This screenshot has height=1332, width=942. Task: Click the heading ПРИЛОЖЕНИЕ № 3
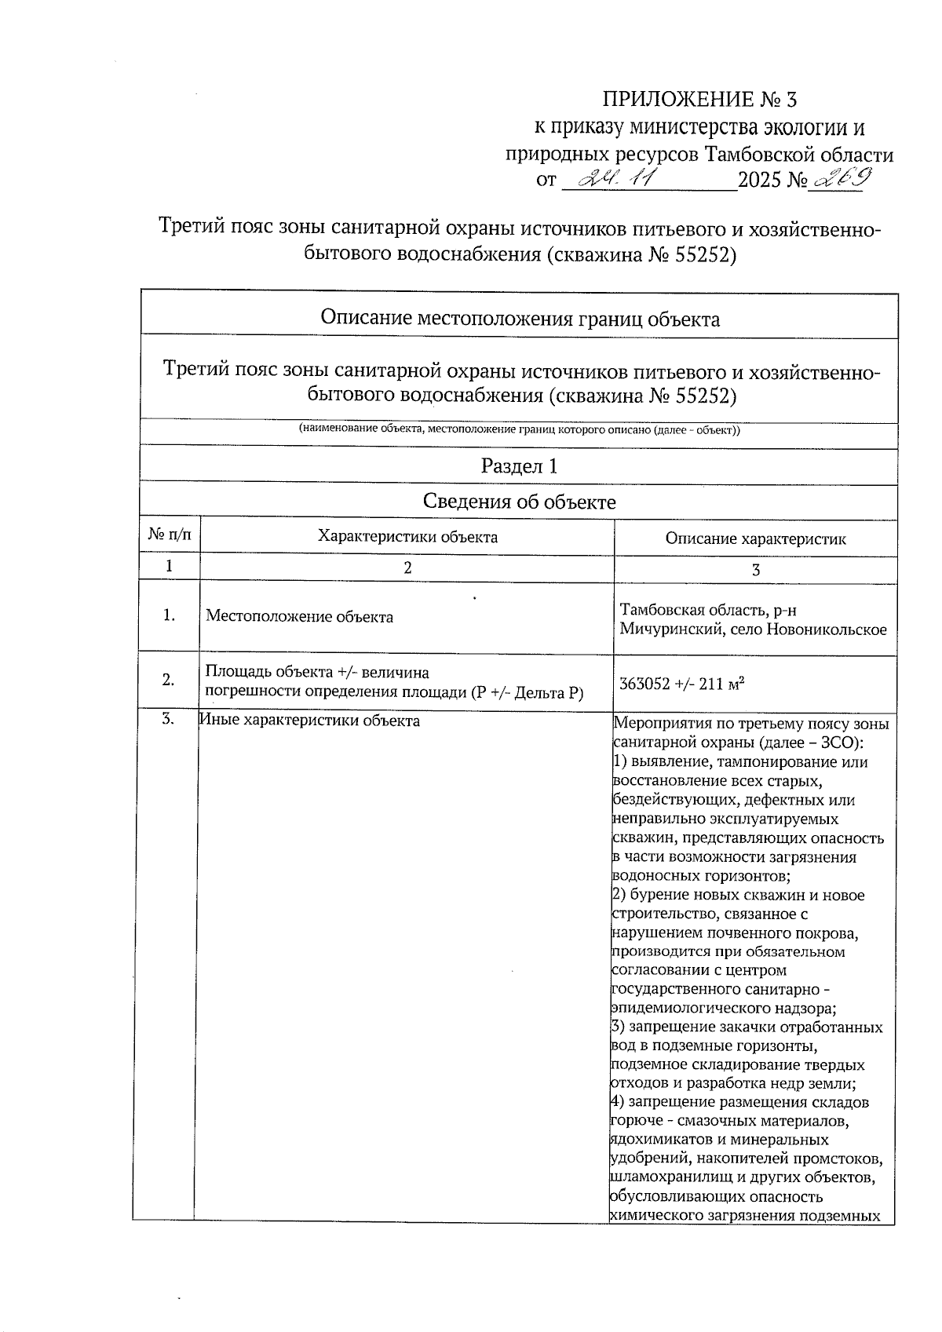click(x=699, y=100)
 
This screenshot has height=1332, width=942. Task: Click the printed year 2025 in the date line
click(x=760, y=181)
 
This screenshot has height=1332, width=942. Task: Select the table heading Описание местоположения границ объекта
click(x=520, y=319)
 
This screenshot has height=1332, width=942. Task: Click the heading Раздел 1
click(x=519, y=466)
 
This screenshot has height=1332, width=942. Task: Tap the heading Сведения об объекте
click(x=519, y=502)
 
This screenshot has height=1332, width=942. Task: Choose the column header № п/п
click(x=169, y=536)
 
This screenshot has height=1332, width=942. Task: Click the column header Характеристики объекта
click(x=407, y=537)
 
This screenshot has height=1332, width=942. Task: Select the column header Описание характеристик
click(x=755, y=538)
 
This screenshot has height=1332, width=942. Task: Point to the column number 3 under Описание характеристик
click(x=755, y=571)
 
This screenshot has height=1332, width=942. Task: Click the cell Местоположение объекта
click(x=299, y=617)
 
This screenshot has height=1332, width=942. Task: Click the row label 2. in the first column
click(x=169, y=681)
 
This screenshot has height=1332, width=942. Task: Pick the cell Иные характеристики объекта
click(x=309, y=721)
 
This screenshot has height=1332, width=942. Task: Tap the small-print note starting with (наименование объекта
click(x=519, y=430)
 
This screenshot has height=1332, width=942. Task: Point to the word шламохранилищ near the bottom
click(x=658, y=1178)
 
